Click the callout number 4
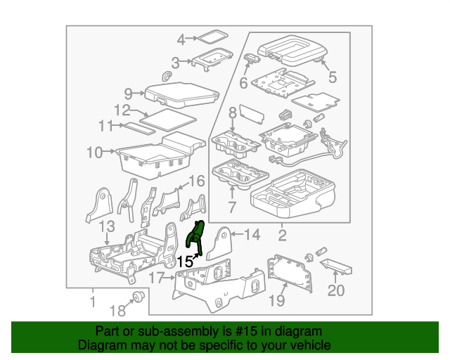[x=181, y=39]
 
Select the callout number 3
[x=176, y=63]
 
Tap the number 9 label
[x=128, y=93]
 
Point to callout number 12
[x=122, y=110]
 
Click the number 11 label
[x=105, y=126]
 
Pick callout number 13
[x=106, y=226]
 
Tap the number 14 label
[x=252, y=234]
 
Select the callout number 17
[x=157, y=278]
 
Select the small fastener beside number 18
[x=139, y=297]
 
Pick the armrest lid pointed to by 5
[x=292, y=48]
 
